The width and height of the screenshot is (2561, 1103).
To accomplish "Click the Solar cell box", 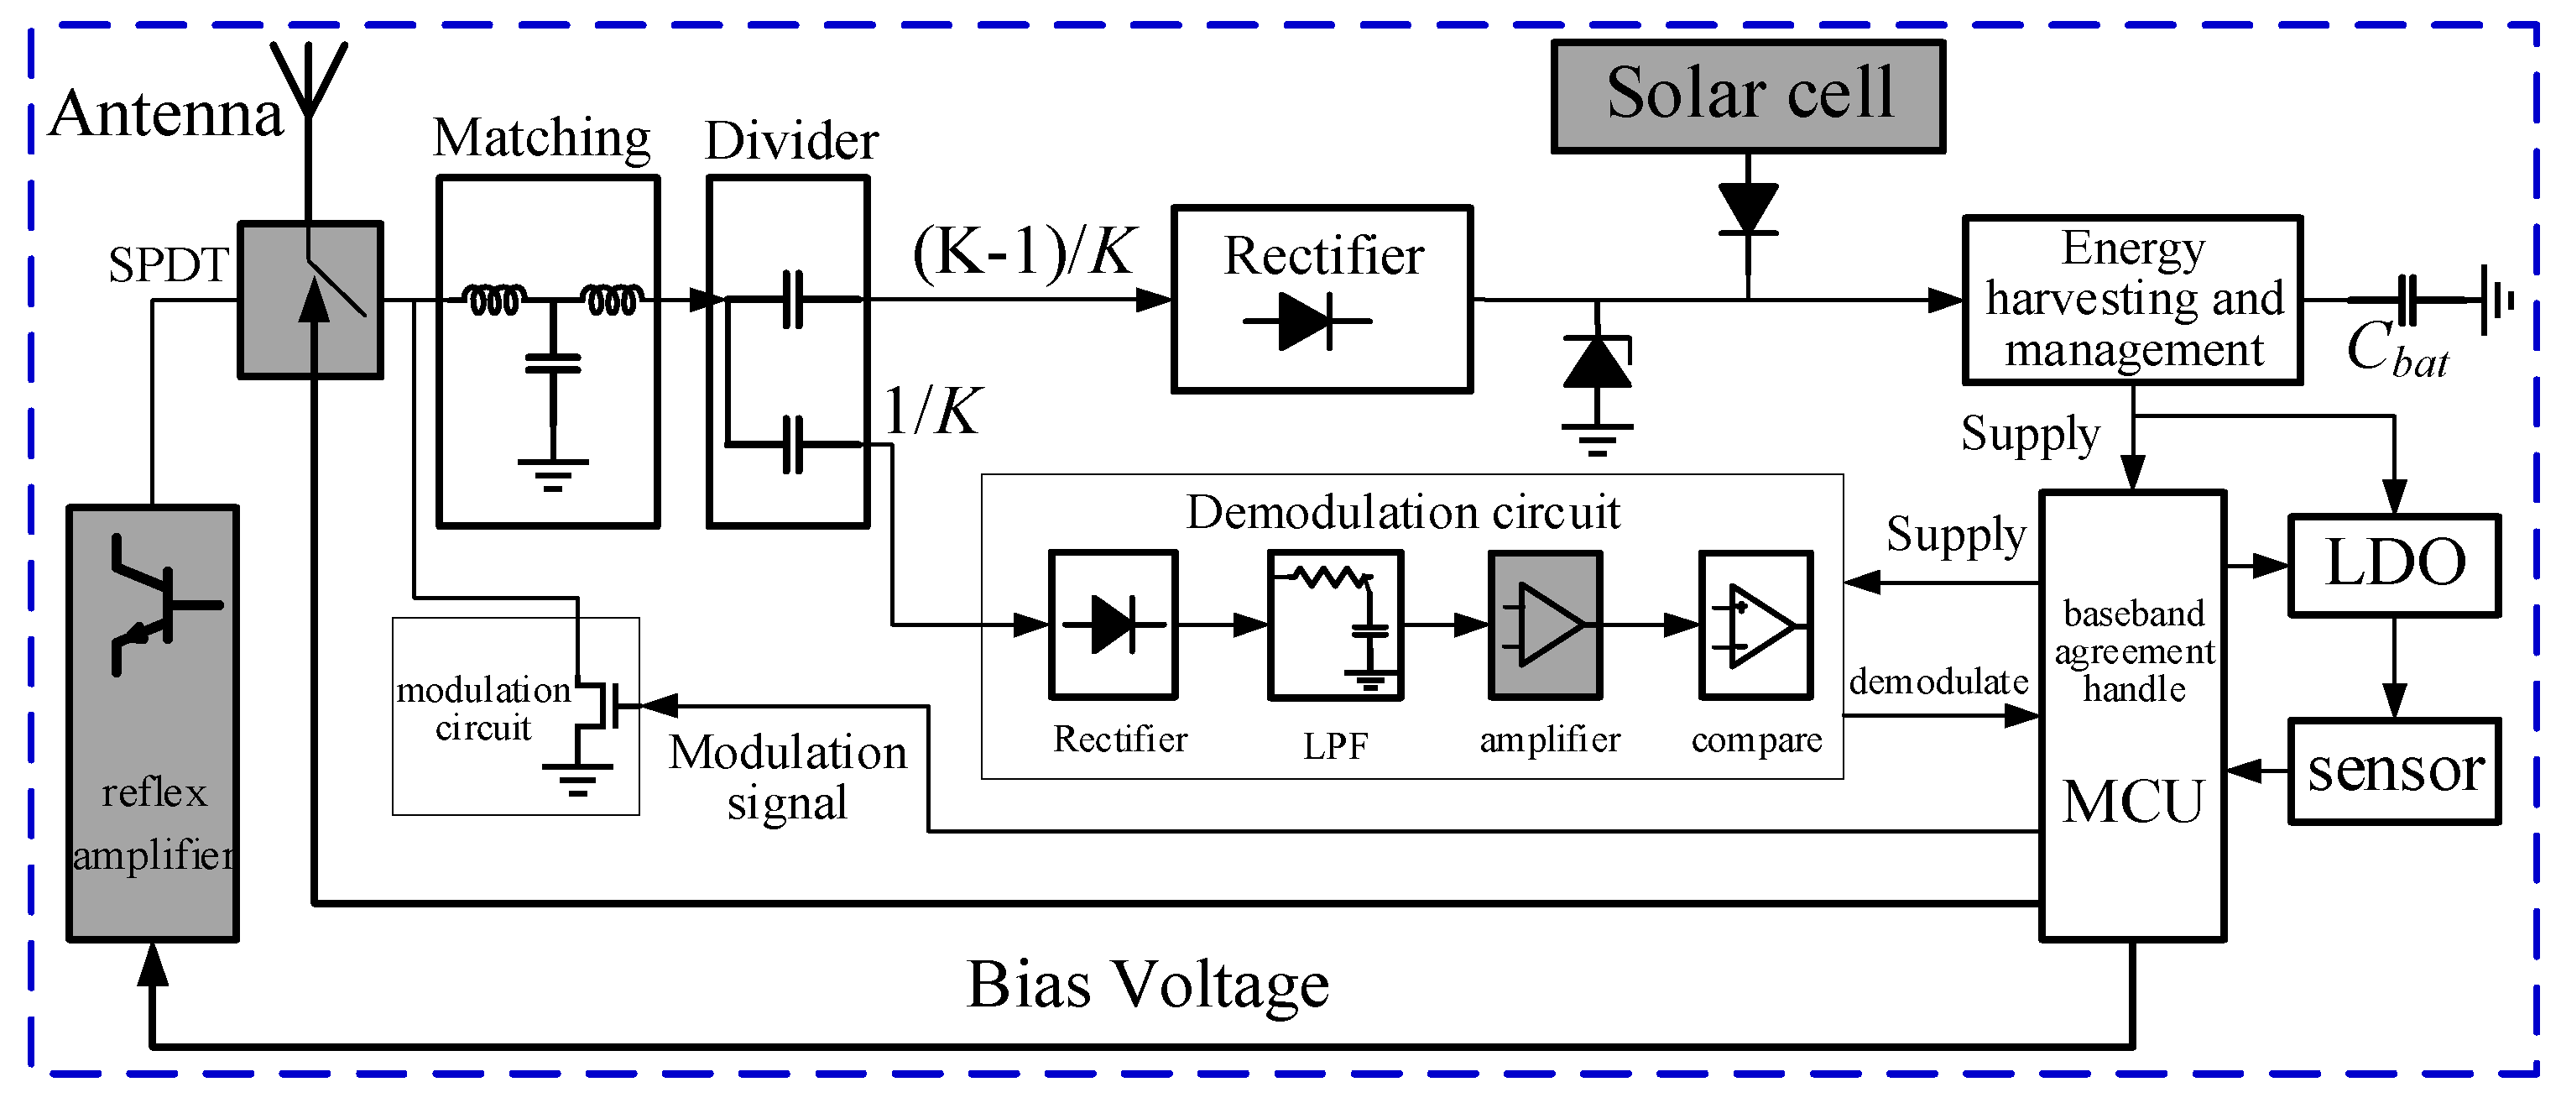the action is (1748, 97).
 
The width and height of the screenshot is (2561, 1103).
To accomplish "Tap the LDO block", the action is (2394, 565).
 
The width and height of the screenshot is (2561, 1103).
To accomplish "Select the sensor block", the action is (2394, 771).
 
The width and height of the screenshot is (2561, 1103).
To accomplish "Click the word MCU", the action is (2132, 802).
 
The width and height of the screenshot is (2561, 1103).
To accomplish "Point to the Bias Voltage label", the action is (1147, 985).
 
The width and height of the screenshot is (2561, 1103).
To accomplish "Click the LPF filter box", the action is (1335, 625).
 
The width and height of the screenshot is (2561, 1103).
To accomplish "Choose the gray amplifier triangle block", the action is (1545, 625).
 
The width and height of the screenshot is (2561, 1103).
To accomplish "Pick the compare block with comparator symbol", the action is (1755, 625).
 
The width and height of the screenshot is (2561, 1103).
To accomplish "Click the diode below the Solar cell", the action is (1748, 210).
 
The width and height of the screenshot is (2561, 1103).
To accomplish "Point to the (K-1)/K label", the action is (1024, 252).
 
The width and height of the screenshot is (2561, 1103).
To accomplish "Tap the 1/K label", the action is (931, 410).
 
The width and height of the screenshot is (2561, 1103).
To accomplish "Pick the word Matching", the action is (542, 139).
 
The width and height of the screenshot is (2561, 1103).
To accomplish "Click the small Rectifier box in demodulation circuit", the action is (1114, 625).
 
